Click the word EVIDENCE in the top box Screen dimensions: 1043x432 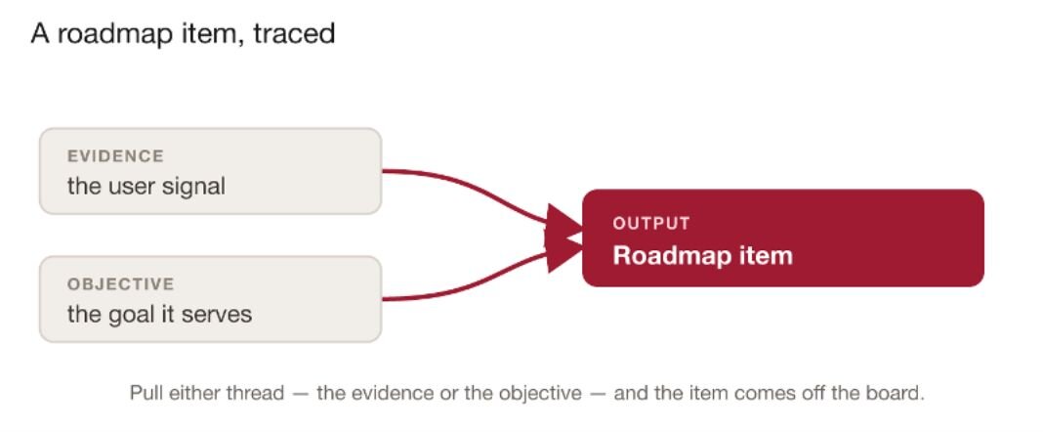point(115,156)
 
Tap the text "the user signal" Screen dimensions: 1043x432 point(146,186)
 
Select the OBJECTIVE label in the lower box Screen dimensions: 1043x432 point(120,284)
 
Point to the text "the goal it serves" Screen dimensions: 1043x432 point(159,314)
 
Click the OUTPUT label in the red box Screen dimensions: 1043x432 point(652,224)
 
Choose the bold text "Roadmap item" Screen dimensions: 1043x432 point(703,256)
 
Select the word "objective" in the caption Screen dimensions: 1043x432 point(539,393)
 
